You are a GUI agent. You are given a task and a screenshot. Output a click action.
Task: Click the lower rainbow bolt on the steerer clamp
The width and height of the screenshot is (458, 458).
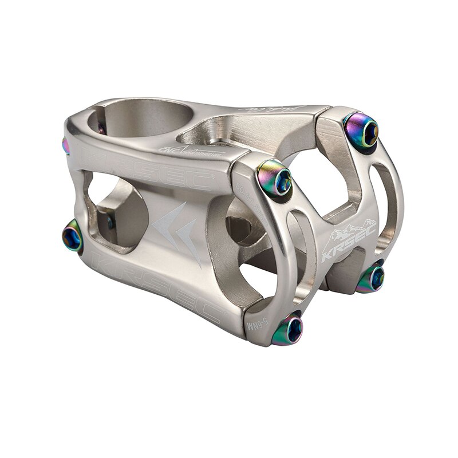(73, 236)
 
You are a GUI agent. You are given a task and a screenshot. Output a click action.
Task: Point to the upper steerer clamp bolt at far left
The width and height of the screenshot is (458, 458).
(66, 146)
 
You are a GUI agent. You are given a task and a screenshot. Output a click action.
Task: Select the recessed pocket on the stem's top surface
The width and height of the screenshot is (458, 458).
(229, 129)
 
